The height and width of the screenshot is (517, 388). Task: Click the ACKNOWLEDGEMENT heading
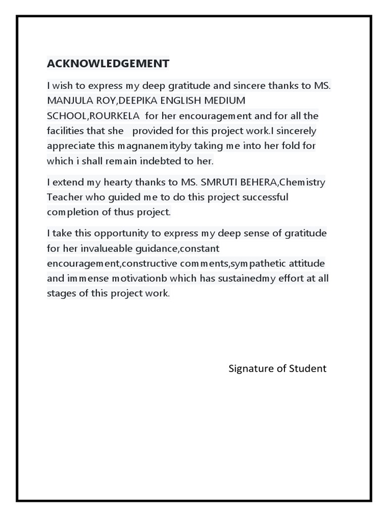click(108, 64)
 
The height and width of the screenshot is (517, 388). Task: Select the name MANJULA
click(68, 100)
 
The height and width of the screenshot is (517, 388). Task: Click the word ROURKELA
click(115, 116)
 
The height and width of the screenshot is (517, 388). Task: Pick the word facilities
click(65, 131)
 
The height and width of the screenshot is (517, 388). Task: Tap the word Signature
click(250, 369)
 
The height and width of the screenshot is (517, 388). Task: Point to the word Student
click(308, 369)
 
